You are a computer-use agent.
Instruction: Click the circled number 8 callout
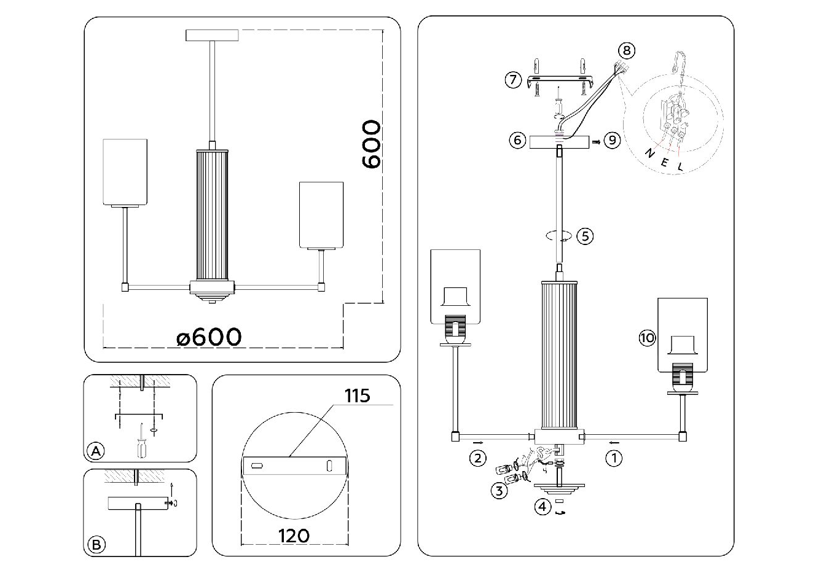pos(625,50)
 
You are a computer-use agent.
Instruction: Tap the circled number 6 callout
pos(517,140)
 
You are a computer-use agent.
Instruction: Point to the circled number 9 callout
pos(611,140)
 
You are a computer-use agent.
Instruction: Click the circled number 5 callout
pos(585,235)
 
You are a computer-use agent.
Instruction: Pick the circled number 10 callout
pos(648,337)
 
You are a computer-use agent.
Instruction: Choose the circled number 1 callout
pos(614,458)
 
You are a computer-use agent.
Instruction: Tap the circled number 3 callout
pos(499,489)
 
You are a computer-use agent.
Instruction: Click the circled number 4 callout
pos(542,507)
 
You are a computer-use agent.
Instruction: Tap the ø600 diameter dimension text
pos(209,337)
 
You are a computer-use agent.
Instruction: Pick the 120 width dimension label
pos(293,536)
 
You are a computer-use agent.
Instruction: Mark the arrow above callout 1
pos(614,442)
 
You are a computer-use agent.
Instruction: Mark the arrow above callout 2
pos(477,442)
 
